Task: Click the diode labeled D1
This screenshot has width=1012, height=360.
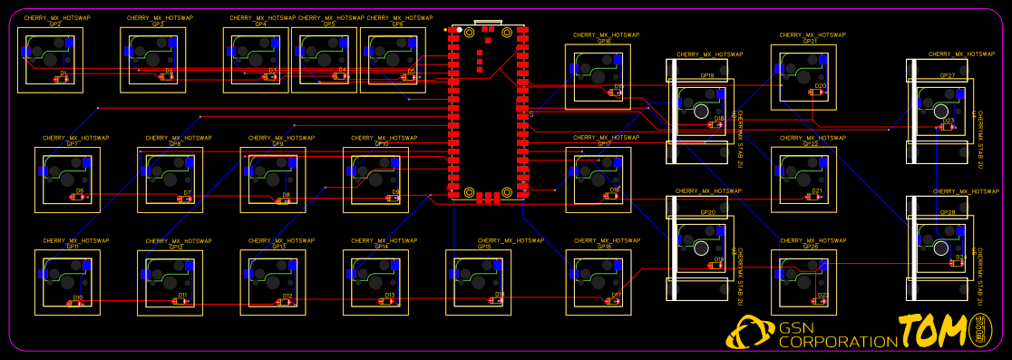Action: coord(62,79)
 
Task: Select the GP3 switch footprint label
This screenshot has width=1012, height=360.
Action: coord(158,24)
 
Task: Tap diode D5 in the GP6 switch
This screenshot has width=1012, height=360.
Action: coord(409,77)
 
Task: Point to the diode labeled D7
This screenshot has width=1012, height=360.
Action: coord(185,199)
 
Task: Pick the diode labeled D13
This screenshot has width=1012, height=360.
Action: coord(390,302)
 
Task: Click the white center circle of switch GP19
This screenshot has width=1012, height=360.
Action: coord(701,112)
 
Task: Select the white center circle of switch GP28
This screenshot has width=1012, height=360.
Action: coord(941,248)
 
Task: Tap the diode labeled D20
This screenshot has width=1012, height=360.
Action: coord(820,92)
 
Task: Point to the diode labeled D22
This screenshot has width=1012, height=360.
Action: coord(822,302)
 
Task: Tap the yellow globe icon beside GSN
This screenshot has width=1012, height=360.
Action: coord(749,333)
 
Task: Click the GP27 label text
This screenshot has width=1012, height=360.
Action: coord(948,76)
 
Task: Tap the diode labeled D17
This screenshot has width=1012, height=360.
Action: coord(615,302)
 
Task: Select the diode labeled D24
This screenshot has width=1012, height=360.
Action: coord(958,264)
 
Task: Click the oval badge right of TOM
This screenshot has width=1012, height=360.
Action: coord(979,329)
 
